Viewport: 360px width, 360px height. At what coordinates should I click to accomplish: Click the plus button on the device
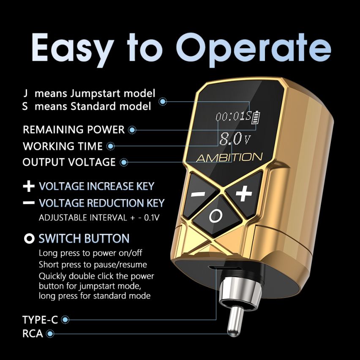click(243, 193)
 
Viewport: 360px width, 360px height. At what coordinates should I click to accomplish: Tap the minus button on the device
click(198, 194)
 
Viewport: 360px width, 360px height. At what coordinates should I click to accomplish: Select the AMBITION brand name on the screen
click(229, 158)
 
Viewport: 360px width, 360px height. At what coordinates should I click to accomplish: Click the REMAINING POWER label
click(74, 130)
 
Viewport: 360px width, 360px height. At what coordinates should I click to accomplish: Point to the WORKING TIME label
click(63, 146)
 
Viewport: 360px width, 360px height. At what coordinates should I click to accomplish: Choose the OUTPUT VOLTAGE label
click(69, 162)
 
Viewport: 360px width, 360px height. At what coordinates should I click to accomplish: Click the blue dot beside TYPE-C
click(65, 320)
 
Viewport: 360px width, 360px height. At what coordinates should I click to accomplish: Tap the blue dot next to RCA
click(51, 334)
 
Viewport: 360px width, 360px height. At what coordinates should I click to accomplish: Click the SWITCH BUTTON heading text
click(84, 238)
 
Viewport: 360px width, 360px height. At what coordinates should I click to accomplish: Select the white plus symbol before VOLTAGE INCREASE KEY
click(29, 186)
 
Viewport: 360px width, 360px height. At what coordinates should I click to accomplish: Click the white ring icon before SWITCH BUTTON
click(29, 239)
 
